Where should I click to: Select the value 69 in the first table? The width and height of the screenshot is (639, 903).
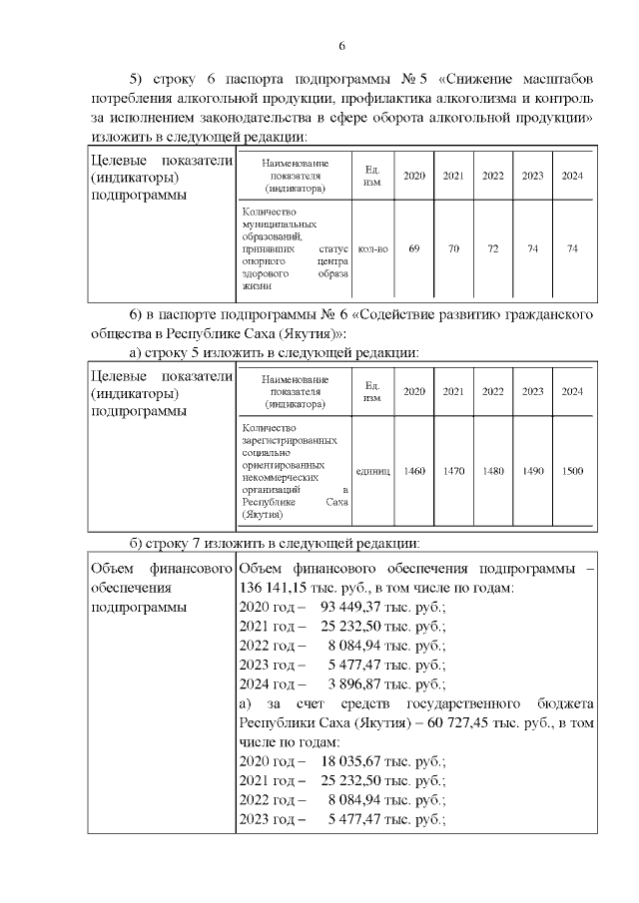413,248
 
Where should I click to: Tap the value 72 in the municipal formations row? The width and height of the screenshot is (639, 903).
492,248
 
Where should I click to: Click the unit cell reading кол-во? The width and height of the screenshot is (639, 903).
371,248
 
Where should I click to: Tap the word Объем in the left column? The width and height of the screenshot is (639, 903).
112,569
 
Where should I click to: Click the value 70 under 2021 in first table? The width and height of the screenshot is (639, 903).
452,248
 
